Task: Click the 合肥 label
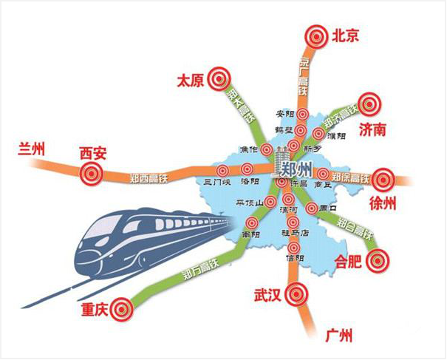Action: tap(349, 261)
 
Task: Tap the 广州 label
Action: tap(338, 333)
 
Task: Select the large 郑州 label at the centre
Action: tap(298, 166)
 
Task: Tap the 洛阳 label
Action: tap(249, 181)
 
